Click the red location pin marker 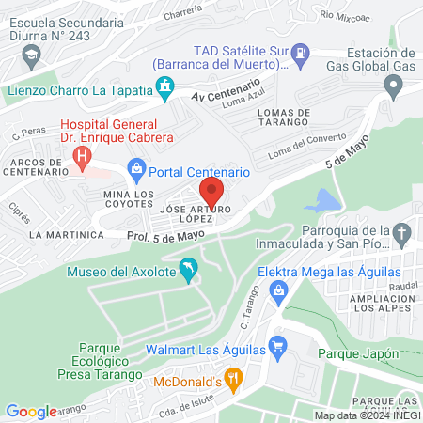[x=211, y=192]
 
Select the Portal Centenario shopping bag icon [x=136, y=171]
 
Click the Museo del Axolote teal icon [x=188, y=270]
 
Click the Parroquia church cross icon [x=402, y=233]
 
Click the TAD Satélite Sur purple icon [x=301, y=52]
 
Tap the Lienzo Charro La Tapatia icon [x=165, y=89]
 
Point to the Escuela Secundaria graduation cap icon [x=34, y=57]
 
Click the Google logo [x=31, y=411]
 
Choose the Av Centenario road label [x=223, y=97]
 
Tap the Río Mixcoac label [x=340, y=14]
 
